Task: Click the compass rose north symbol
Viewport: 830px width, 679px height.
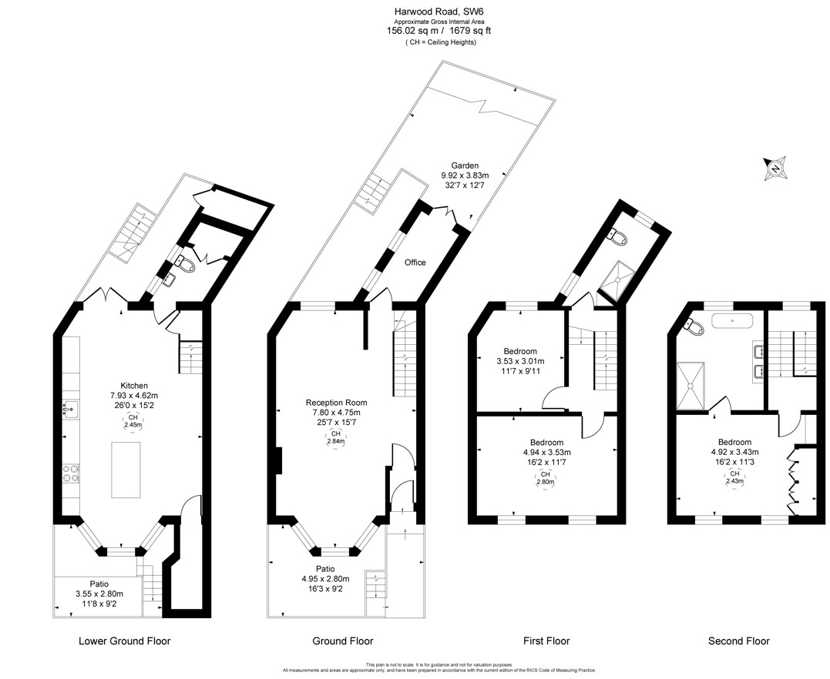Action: (x=775, y=169)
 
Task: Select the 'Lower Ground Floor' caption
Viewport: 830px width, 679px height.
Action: (x=124, y=641)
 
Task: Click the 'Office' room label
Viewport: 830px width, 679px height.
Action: (x=415, y=263)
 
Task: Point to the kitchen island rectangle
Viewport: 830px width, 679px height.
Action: (x=126, y=470)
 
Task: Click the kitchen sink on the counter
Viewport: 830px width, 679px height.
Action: (x=70, y=409)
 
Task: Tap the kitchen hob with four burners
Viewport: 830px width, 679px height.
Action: (x=71, y=473)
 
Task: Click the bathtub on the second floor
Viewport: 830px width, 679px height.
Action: (x=734, y=320)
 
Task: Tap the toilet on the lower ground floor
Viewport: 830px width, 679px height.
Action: (x=185, y=263)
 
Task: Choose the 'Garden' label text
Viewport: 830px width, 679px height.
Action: (x=464, y=166)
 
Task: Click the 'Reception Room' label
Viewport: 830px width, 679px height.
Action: (x=336, y=403)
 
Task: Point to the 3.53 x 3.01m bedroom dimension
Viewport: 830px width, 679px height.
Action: (x=519, y=361)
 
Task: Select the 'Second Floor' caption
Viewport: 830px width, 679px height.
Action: (x=738, y=641)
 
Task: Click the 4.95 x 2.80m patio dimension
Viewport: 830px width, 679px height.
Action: (x=325, y=579)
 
